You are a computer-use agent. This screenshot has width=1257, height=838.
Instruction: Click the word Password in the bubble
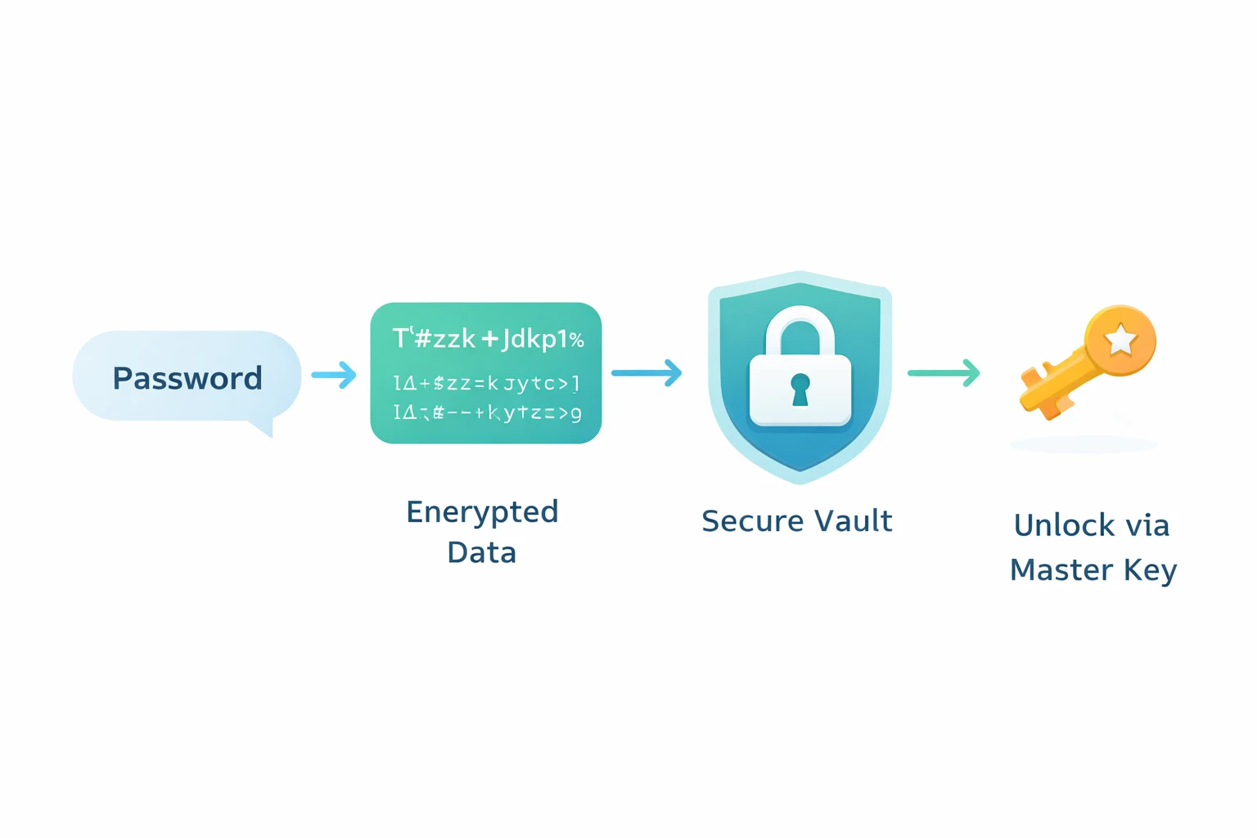pos(187,378)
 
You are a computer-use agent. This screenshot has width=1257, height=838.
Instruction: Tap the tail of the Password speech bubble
pos(264,428)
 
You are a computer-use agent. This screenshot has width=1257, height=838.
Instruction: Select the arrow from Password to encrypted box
pos(334,375)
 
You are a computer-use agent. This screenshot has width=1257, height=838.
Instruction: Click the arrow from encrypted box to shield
pos(647,373)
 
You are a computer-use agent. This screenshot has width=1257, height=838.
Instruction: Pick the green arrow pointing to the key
pos(944,373)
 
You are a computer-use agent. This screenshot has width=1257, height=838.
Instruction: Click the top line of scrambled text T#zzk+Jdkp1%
pos(488,339)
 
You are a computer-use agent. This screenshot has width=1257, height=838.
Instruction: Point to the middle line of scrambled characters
pos(486,382)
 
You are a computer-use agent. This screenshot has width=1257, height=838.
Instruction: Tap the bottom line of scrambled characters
pos(487,412)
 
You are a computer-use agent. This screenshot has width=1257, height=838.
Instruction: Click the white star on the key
pos(1120,340)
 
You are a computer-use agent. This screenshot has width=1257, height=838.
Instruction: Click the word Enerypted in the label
pos(482,512)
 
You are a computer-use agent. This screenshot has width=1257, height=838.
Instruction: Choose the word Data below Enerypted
pos(481,552)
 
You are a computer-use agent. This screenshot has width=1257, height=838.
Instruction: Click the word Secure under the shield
pos(749,521)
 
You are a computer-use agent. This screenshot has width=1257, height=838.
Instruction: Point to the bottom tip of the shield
pos(800,480)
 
